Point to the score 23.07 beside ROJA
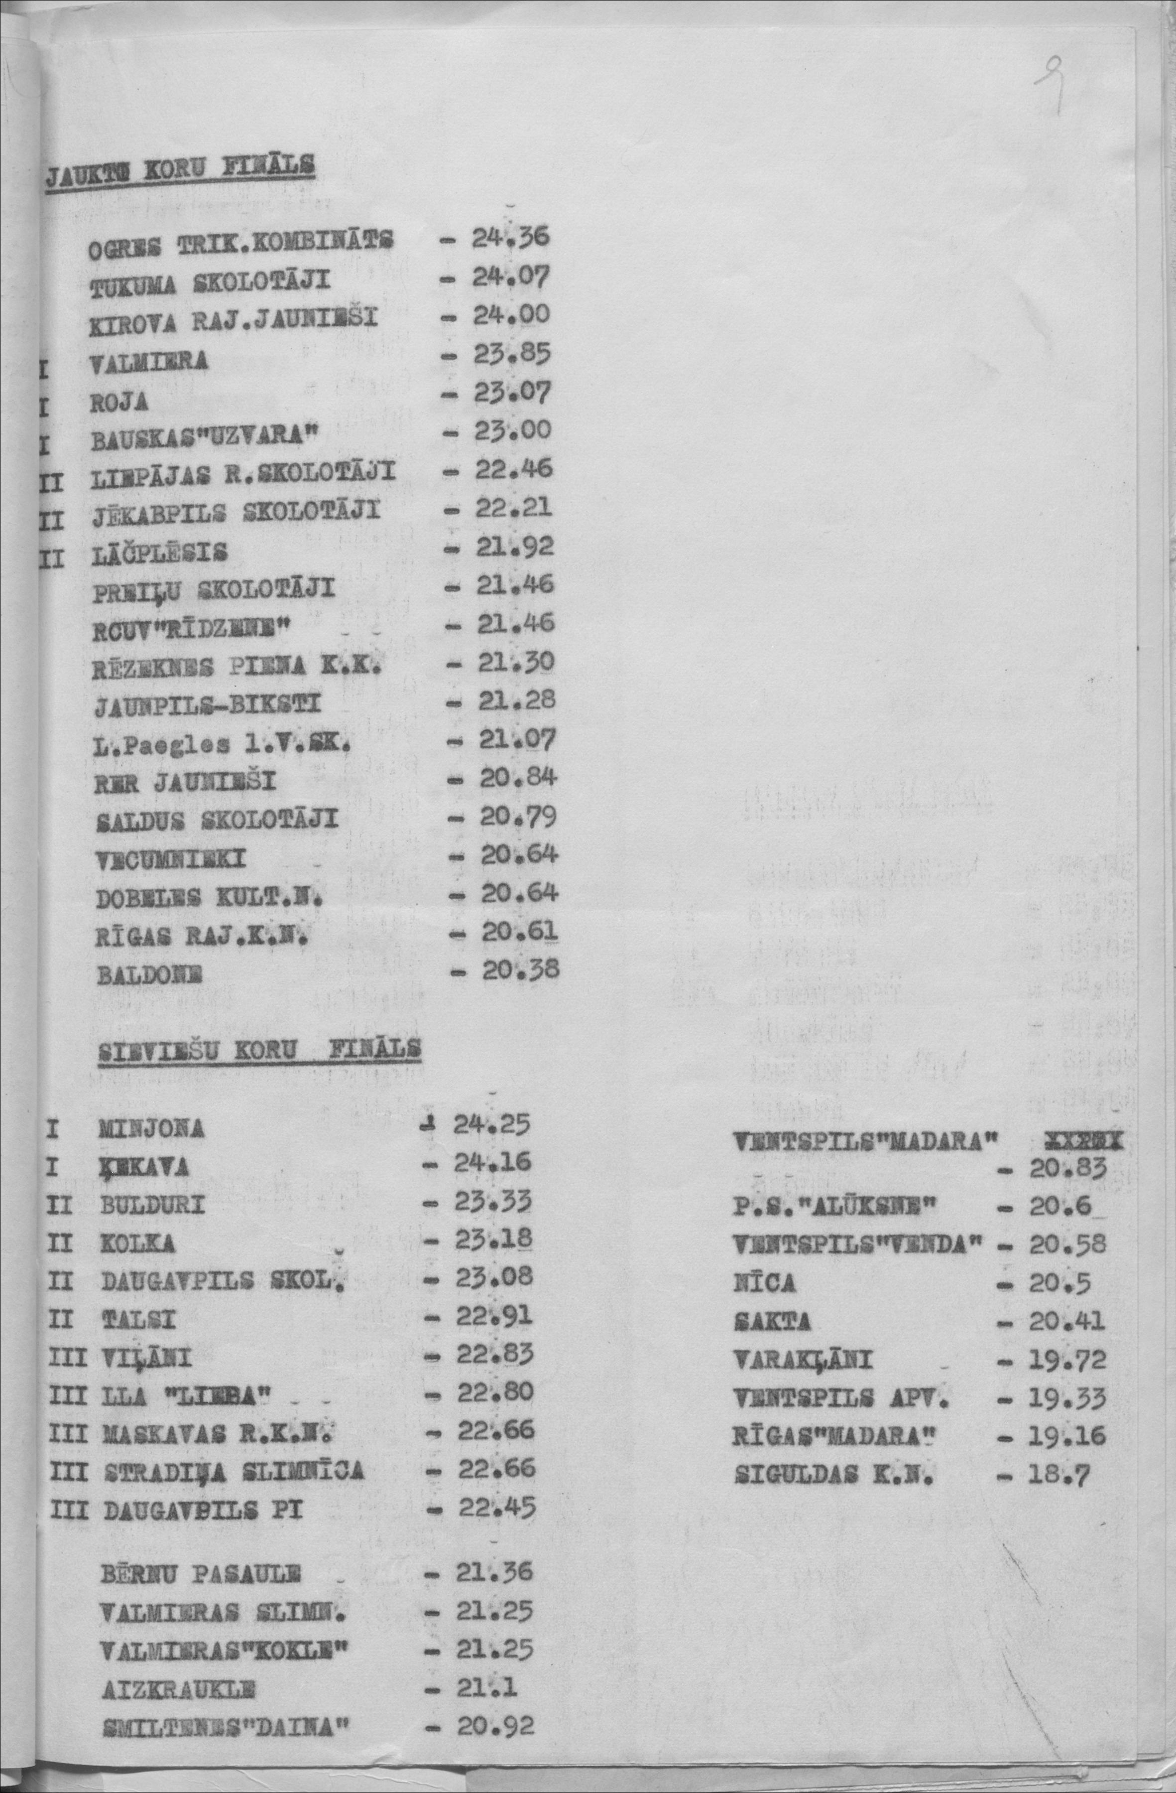(x=513, y=393)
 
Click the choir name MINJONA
(x=151, y=1128)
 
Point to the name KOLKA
(x=138, y=1244)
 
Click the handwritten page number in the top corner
(x=1049, y=88)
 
